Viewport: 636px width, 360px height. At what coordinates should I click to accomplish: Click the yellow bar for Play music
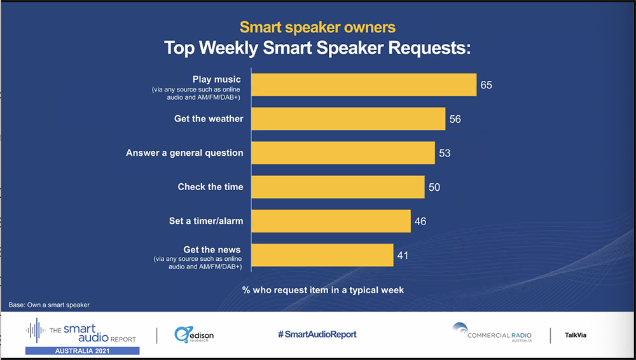364,85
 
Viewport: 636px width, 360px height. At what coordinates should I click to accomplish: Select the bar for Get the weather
349,119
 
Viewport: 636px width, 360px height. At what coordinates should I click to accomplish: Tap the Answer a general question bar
343,153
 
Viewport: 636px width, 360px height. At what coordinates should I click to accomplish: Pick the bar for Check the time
338,187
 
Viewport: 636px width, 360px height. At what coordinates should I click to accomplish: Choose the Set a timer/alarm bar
331,221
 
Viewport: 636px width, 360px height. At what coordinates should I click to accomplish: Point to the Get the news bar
322,255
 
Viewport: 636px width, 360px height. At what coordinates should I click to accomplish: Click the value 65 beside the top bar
487,85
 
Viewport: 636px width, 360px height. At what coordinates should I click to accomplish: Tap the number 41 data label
403,255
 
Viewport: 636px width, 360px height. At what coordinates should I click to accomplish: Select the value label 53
445,153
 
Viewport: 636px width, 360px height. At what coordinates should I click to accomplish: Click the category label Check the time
211,187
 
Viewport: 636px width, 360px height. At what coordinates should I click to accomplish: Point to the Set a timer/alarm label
206,221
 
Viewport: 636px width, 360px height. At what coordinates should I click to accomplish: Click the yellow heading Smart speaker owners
317,27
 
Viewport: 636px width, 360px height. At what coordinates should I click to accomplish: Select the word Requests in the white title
429,48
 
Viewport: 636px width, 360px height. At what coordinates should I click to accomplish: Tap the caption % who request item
323,290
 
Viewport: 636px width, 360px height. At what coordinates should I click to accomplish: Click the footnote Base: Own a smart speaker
49,305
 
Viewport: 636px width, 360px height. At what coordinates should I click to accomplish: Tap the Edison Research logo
194,335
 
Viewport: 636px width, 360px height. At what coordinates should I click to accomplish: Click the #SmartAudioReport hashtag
317,335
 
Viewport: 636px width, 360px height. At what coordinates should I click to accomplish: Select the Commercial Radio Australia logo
492,333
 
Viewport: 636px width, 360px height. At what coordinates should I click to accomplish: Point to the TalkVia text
576,335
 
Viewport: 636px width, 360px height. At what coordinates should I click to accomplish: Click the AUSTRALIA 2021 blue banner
82,350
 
